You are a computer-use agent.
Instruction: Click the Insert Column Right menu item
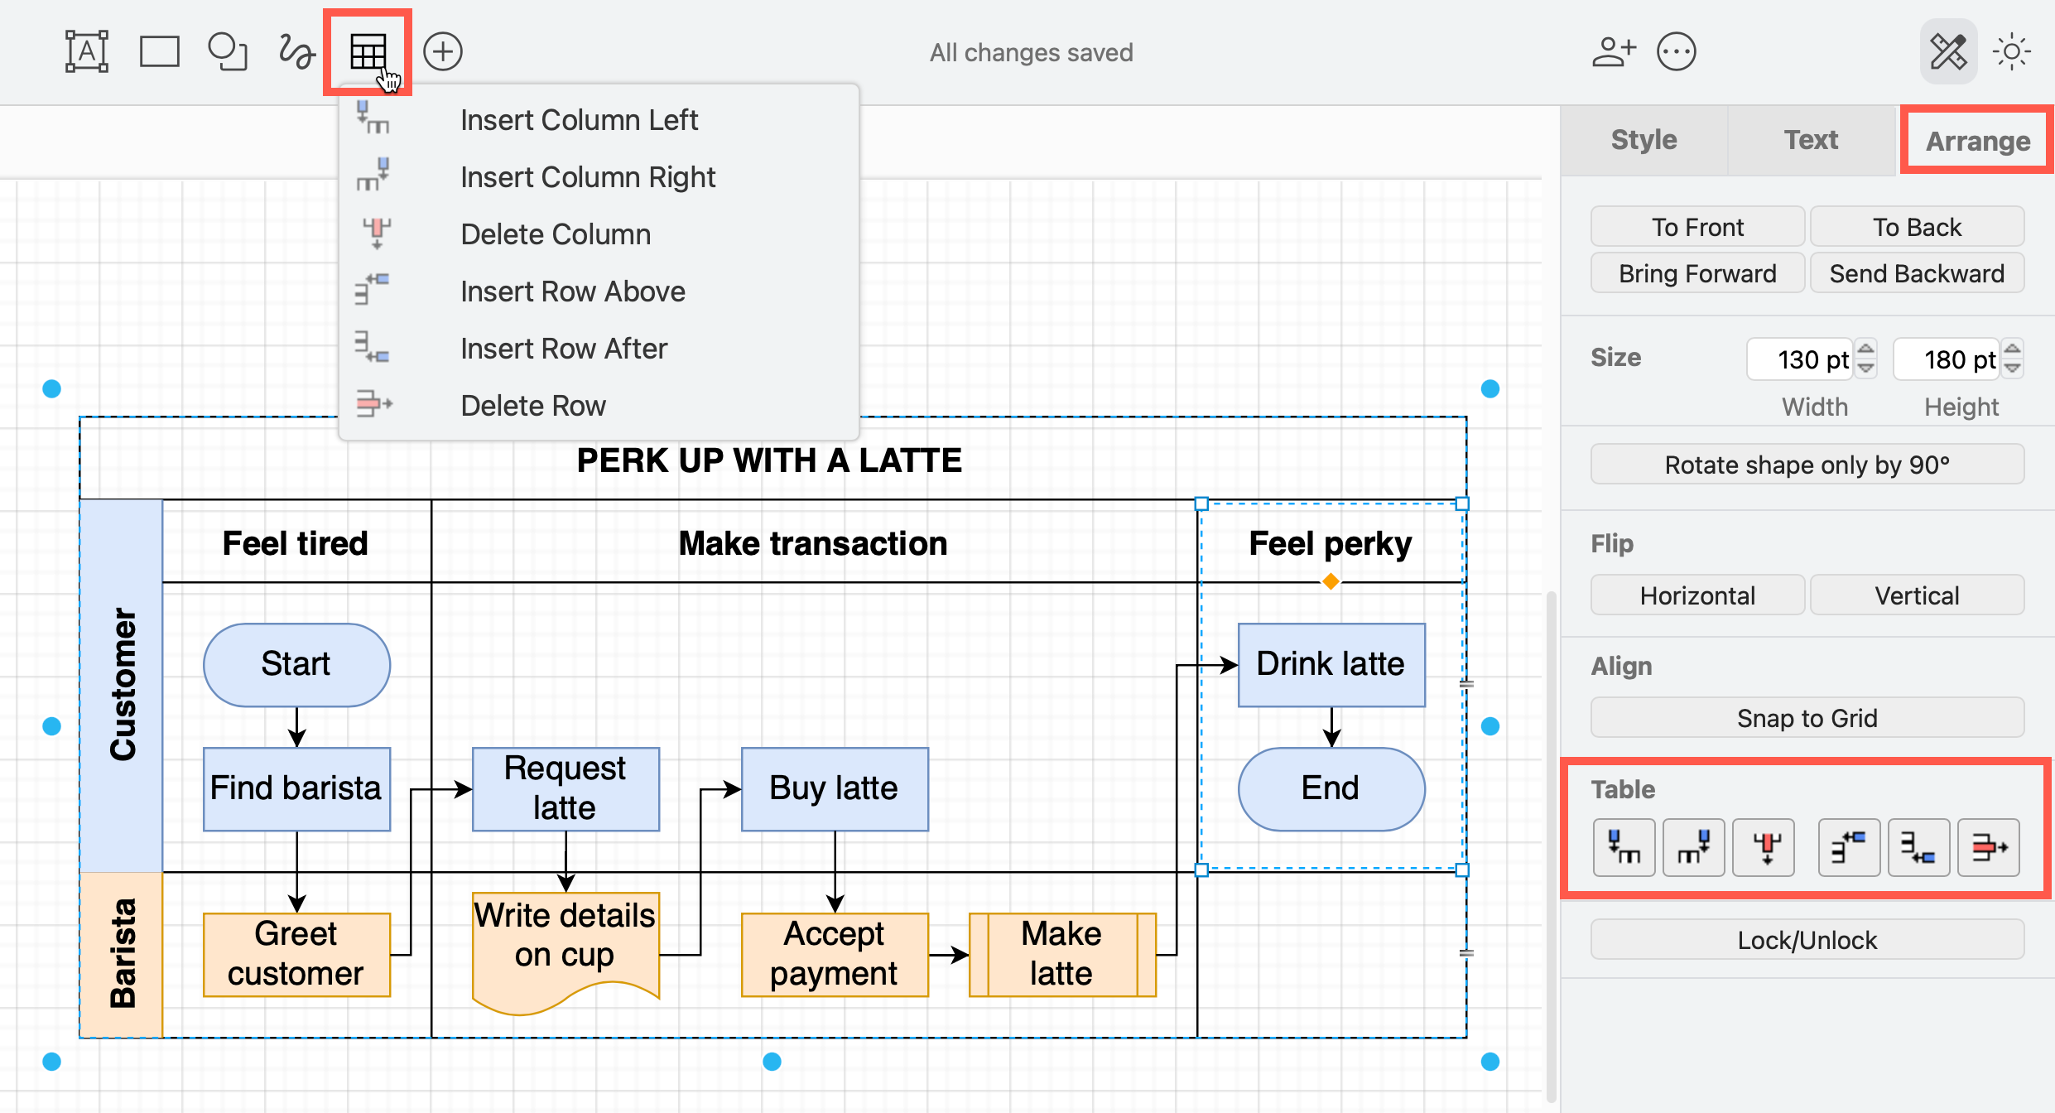[587, 177]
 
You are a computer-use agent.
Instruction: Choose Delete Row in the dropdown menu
[532, 406]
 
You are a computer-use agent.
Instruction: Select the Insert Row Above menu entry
[572, 291]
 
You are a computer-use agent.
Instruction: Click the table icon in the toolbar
[368, 52]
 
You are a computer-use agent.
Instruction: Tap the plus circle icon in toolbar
[442, 52]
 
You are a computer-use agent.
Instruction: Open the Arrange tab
[1977, 141]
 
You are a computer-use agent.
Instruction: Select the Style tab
[1644, 140]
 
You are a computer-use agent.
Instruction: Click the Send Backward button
[1916, 273]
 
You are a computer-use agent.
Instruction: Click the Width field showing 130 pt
[1798, 359]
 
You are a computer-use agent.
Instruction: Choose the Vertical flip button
[1916, 595]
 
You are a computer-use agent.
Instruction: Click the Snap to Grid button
[1807, 718]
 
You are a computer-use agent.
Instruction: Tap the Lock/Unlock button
[1807, 940]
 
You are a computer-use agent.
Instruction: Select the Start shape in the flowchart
[296, 664]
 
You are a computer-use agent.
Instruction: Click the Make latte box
[1061, 954]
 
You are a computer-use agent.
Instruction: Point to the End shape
[1331, 788]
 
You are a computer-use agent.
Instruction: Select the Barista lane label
[122, 954]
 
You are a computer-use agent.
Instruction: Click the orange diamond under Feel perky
[1331, 582]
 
